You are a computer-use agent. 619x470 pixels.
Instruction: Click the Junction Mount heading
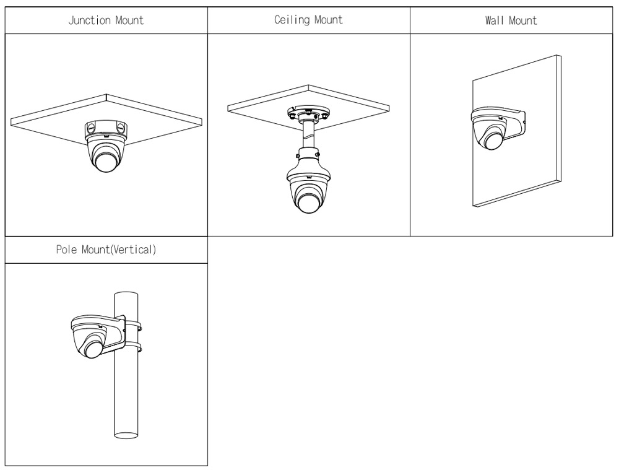pos(105,20)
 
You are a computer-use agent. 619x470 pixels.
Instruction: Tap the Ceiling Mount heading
pos(308,20)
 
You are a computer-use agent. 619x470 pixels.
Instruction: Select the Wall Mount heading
pos(511,20)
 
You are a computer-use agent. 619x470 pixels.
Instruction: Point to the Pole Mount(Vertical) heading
pos(105,251)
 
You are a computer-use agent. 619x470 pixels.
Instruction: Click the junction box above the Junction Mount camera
pos(105,129)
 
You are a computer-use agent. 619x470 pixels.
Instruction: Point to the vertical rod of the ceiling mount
pos(308,133)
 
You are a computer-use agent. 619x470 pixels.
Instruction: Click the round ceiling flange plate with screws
pos(308,115)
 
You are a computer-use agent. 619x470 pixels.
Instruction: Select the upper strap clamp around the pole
pos(132,323)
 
